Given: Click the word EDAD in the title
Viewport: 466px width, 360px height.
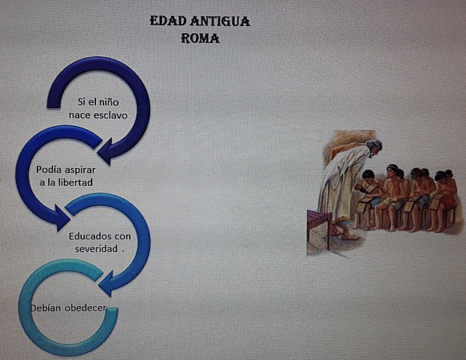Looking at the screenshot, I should point(166,22).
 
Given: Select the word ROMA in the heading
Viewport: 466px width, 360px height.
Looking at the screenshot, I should point(200,37).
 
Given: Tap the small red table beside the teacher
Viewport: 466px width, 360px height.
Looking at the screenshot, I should point(319,222).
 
